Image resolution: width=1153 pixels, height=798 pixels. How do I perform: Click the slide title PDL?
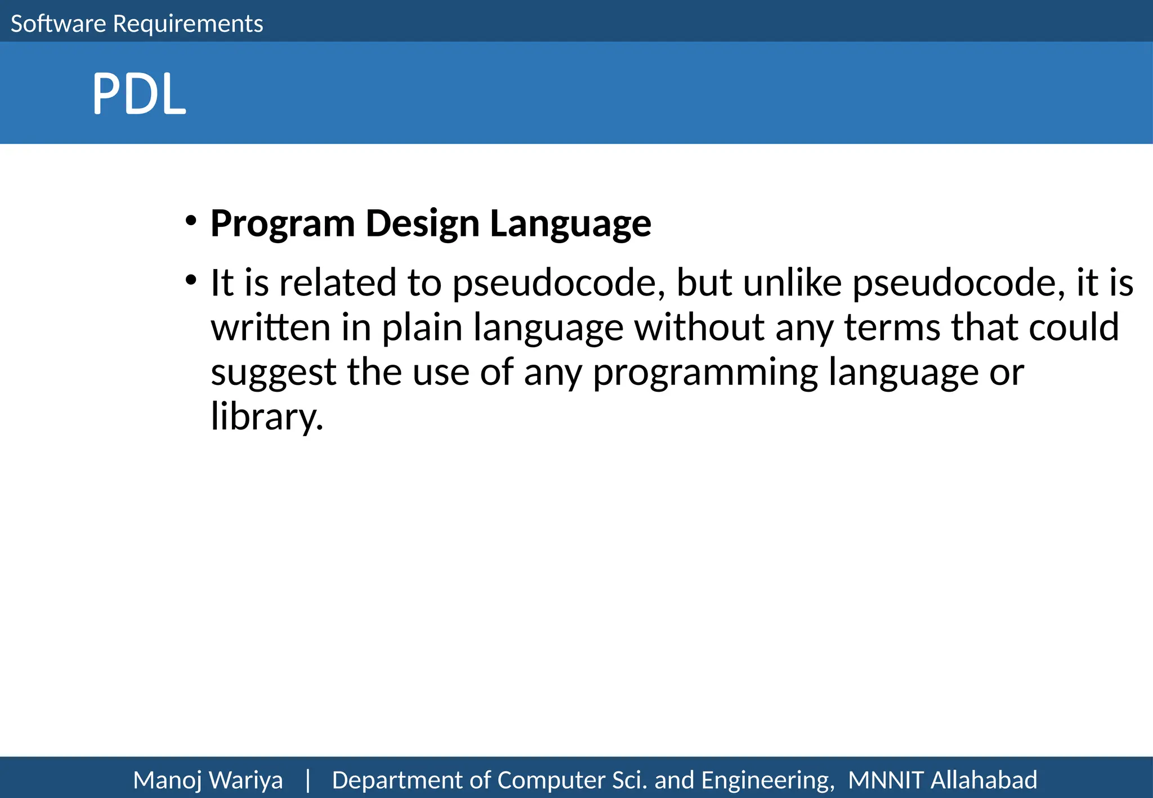click(138, 94)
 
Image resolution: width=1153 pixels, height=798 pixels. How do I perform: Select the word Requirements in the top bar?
click(188, 24)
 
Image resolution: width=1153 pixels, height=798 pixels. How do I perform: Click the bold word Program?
click(283, 224)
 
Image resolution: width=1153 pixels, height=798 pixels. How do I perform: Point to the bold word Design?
click(422, 224)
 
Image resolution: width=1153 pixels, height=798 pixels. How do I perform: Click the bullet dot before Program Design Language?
click(191, 220)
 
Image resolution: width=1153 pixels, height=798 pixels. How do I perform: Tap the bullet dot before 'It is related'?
click(191, 279)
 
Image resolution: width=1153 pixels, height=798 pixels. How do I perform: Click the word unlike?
click(792, 283)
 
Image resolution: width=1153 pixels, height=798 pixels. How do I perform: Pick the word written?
click(270, 328)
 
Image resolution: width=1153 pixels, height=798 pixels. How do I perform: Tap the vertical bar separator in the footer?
click(307, 781)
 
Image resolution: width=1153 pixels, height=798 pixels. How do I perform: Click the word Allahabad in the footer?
click(984, 781)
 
